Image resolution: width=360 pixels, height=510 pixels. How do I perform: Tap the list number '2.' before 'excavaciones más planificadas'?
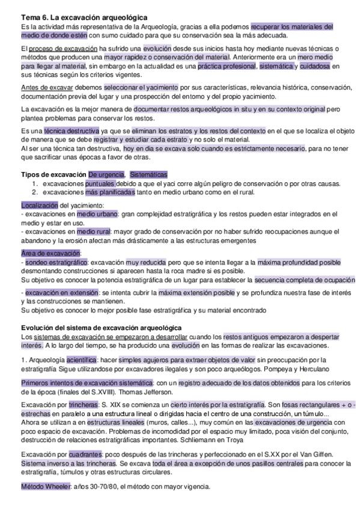(35, 192)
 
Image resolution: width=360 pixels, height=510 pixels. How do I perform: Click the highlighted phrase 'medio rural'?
(94, 231)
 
